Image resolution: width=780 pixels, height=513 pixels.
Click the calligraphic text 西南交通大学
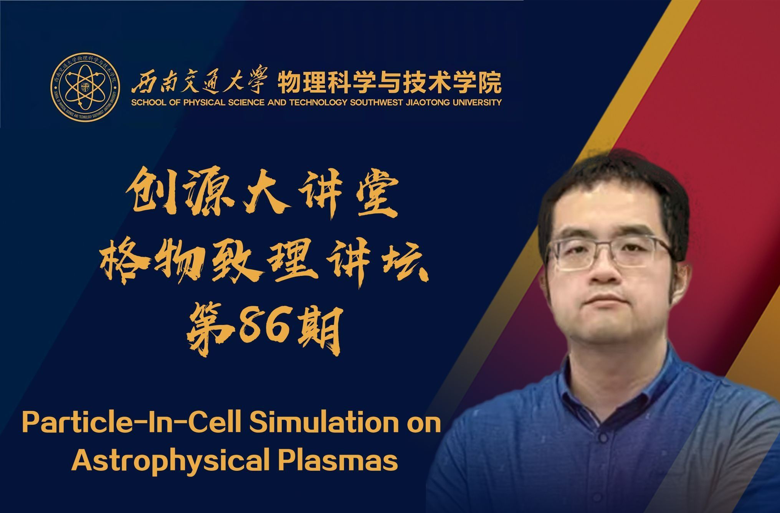(198, 82)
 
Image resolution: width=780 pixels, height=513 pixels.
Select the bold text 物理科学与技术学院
(389, 82)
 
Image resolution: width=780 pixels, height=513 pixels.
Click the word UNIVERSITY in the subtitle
(478, 102)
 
